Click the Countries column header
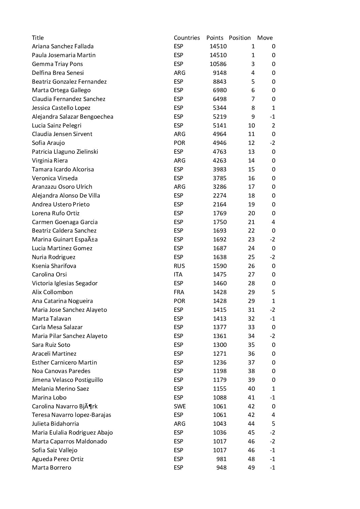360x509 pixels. (x=186, y=38)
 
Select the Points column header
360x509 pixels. (x=215, y=38)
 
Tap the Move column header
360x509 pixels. (x=265, y=38)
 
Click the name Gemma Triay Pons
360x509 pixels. (x=57, y=64)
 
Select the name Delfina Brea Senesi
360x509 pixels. (x=58, y=73)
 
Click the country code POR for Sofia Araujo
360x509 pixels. (x=179, y=143)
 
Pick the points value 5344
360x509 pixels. (x=219, y=108)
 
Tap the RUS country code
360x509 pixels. (x=179, y=266)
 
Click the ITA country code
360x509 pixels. (x=178, y=274)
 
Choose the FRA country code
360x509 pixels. (x=179, y=292)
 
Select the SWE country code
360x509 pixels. (x=180, y=406)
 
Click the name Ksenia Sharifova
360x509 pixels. (x=54, y=266)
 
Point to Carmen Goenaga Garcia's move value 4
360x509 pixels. (x=274, y=222)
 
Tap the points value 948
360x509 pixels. (x=221, y=468)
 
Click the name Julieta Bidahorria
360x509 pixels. (x=55, y=424)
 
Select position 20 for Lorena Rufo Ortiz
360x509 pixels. (x=251, y=213)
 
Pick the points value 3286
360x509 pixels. (x=219, y=187)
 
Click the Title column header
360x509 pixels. (x=38, y=38)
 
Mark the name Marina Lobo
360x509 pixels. (x=49, y=397)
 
